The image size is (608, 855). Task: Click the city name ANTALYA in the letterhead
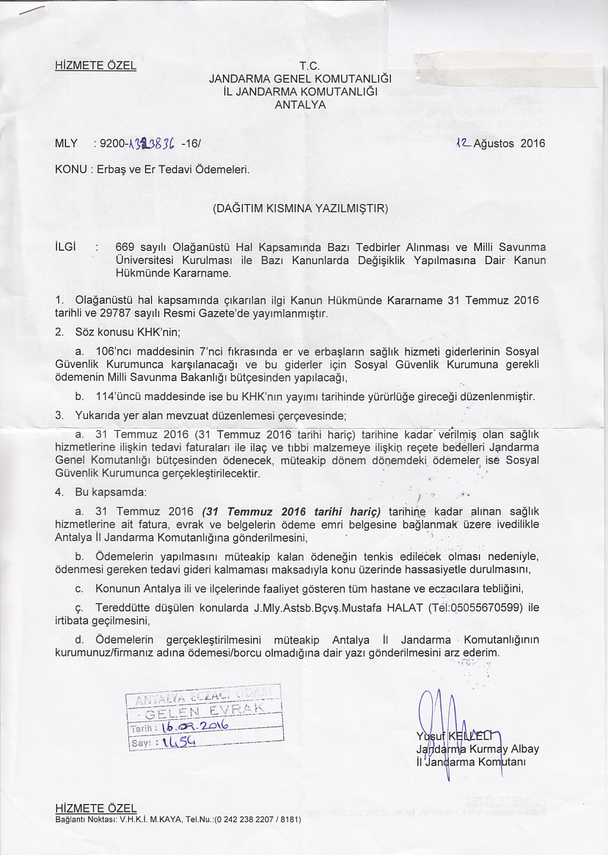pyautogui.click(x=300, y=105)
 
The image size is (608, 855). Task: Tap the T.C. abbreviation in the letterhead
pyautogui.click(x=300, y=65)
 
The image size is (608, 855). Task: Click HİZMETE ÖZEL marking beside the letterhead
pyautogui.click(x=95, y=65)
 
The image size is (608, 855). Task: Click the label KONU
pyautogui.click(x=70, y=170)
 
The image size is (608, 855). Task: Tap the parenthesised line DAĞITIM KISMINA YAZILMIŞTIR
pyautogui.click(x=300, y=208)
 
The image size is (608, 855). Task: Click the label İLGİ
pyautogui.click(x=67, y=247)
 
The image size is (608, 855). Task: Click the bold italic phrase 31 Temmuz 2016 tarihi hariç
pyautogui.click(x=291, y=512)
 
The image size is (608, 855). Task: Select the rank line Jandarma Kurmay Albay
pyautogui.click(x=477, y=749)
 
